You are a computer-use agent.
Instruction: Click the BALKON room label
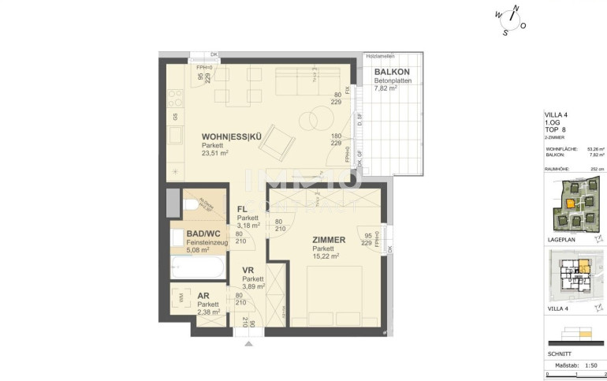point(392,71)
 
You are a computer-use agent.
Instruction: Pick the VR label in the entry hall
point(248,271)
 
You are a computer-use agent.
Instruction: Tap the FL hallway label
point(243,209)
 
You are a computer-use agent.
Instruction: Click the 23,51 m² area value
point(215,155)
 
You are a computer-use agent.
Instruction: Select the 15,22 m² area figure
point(325,256)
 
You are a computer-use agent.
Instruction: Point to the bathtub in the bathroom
point(198,267)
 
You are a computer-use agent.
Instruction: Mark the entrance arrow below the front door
point(249,343)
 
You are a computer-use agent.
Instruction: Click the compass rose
point(511,20)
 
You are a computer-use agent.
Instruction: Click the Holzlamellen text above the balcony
point(379,56)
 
